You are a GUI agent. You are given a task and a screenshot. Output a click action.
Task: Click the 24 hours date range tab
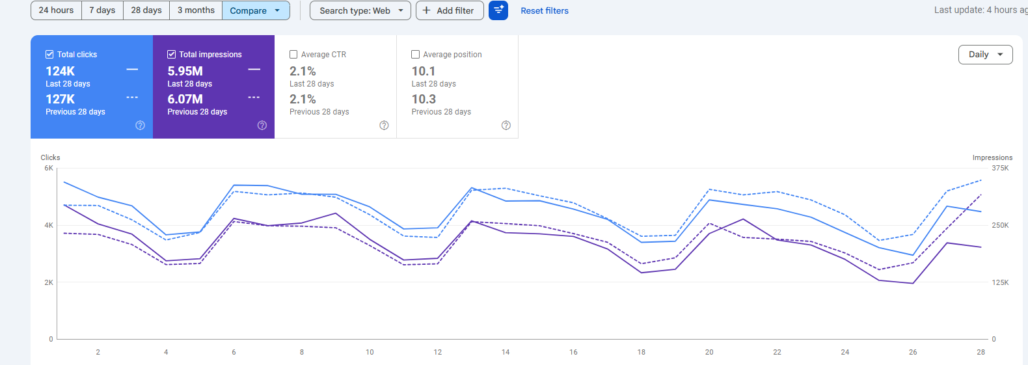pos(56,10)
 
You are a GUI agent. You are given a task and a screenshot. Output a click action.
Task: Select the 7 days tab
pos(102,10)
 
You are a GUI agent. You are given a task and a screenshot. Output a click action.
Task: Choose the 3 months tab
pos(196,10)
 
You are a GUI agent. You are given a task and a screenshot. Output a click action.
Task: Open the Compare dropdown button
pos(255,10)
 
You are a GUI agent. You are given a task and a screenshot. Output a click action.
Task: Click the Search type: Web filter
pos(360,10)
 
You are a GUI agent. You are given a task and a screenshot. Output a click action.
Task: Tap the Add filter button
pos(449,10)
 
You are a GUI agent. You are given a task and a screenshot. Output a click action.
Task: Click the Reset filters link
pos(544,10)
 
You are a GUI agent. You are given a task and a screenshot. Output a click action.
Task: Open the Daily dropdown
pos(985,55)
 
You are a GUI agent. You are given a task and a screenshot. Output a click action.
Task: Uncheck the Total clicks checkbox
pos(49,55)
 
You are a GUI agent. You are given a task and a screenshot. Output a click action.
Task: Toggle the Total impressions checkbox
pos(172,55)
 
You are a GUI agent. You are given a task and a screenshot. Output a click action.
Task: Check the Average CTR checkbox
pos(293,55)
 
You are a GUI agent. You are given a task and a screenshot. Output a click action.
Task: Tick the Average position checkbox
pos(416,55)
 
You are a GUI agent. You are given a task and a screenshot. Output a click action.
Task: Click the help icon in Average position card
pos(506,126)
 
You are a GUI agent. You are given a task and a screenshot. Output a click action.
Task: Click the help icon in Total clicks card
pos(140,126)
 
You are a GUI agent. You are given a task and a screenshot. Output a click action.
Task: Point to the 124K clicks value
pos(60,71)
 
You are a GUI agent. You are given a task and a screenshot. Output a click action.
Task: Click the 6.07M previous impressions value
pos(185,99)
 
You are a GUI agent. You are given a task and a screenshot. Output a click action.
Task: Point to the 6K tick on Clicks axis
pos(49,168)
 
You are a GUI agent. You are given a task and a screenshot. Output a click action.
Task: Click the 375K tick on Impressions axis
pos(1000,168)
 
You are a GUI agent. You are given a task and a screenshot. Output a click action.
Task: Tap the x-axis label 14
pos(506,352)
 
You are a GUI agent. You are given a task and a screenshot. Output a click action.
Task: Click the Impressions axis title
pos(992,157)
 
